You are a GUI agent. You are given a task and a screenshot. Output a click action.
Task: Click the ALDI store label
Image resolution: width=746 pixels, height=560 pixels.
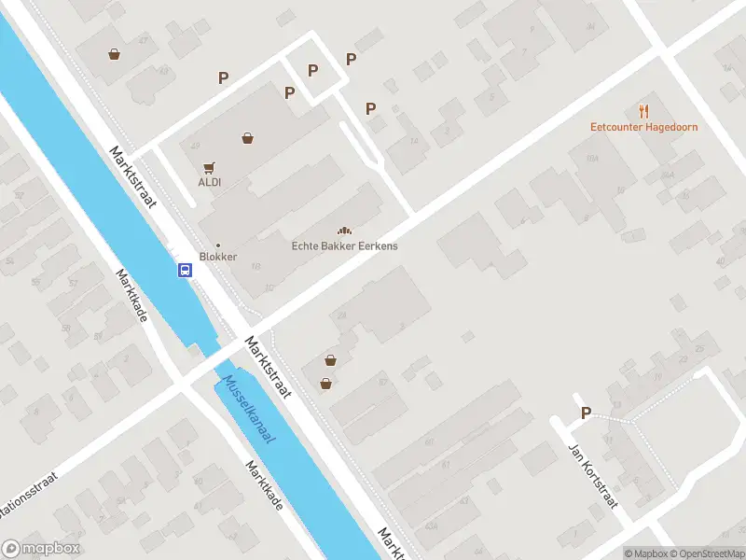click(209, 183)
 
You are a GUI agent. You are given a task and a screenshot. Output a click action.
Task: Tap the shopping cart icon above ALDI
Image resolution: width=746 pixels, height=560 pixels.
click(209, 168)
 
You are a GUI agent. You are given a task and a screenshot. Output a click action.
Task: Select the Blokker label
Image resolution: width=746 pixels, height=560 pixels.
click(218, 257)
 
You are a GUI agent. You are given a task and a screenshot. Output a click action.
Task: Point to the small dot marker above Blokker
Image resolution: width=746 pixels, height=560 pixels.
click(218, 245)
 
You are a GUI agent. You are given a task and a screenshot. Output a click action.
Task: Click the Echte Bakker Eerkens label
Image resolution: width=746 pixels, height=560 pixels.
click(344, 245)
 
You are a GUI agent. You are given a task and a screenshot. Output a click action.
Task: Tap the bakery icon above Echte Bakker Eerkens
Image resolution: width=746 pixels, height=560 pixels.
click(344, 231)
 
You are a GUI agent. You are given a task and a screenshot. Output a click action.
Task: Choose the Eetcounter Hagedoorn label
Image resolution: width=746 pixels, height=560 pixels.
click(643, 127)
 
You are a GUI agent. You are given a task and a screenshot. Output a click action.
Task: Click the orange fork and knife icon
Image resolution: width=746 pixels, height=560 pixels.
click(643, 111)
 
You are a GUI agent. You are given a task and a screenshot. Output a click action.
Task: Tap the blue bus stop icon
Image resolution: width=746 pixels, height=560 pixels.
click(186, 271)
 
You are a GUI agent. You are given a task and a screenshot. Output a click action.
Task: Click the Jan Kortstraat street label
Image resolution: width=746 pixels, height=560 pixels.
click(594, 475)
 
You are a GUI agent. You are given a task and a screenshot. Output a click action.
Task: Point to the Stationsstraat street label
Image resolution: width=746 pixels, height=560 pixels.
click(28, 490)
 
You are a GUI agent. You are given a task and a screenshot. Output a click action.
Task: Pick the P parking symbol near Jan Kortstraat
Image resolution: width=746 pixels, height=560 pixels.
click(586, 413)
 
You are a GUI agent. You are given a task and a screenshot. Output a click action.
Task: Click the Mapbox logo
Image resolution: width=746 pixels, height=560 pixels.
click(41, 549)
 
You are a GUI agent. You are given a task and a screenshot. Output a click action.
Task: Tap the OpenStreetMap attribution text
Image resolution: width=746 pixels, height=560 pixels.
click(706, 553)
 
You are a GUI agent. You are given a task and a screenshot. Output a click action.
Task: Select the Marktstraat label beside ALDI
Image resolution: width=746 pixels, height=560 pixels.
click(131, 177)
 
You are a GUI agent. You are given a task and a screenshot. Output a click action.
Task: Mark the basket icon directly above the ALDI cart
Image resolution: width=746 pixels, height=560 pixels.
click(247, 138)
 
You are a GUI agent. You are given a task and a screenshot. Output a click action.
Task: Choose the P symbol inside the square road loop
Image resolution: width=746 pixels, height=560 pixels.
click(312, 70)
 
